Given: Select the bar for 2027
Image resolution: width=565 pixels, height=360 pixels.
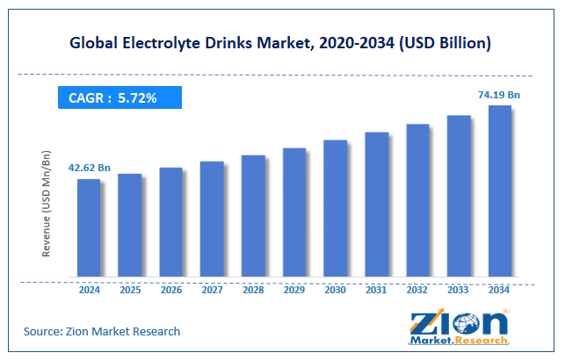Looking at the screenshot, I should click(x=212, y=220).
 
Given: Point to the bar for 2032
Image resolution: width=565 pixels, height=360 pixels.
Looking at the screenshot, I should click(x=417, y=201).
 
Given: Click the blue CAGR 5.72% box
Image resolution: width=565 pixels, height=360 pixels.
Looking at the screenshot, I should click(x=120, y=97).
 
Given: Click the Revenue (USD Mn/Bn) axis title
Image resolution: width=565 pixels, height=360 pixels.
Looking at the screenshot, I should click(x=46, y=202).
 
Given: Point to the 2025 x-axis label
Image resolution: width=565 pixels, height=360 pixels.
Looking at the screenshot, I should click(x=129, y=291).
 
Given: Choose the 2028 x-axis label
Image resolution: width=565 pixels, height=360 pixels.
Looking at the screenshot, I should click(x=253, y=291).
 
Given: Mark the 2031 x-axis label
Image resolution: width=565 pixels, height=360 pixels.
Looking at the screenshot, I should click(x=376, y=291).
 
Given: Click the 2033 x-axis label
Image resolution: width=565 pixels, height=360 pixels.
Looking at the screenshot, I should click(x=459, y=291).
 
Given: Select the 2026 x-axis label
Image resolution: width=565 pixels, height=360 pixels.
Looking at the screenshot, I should click(x=170, y=291).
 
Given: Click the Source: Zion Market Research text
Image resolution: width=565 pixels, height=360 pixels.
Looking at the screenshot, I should click(x=102, y=331).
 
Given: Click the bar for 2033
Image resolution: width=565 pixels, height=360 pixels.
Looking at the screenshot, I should click(x=459, y=197).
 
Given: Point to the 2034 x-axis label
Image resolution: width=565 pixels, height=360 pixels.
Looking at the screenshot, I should click(x=500, y=291).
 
